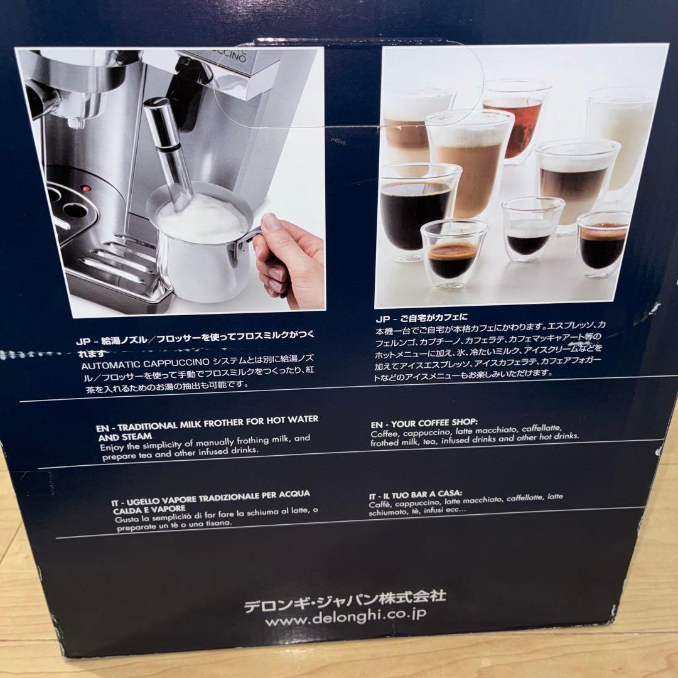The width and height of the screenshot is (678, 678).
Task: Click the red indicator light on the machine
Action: pos(86,188)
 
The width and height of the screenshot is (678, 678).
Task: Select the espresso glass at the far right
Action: pos(603,245)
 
